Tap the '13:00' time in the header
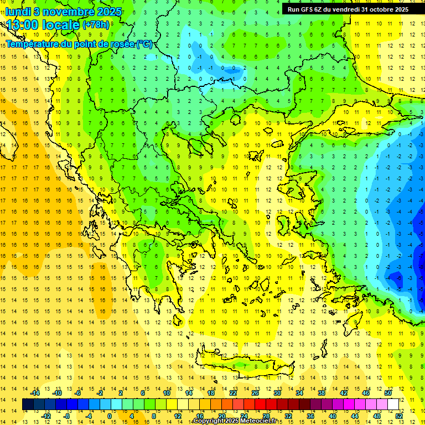pos(23,24)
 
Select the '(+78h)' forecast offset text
pos(96,25)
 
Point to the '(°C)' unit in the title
pos(144,44)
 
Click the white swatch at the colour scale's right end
pos(393,405)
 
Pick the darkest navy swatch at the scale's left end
pos(28,405)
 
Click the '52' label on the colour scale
pos(399,416)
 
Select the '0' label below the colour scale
pos(109,416)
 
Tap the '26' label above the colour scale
pos(255,393)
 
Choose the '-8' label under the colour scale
pos(67,416)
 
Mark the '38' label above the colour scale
pos(322,393)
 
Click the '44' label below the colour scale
pos(355,416)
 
